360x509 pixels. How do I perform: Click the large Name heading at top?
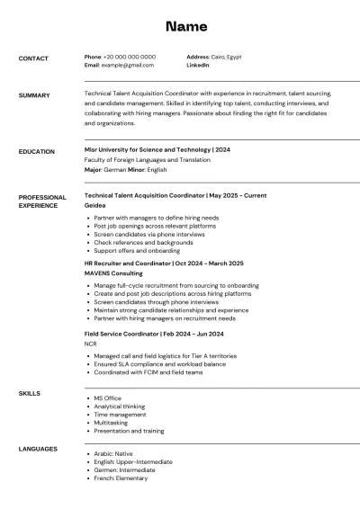tap(186, 26)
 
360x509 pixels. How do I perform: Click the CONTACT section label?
tap(33, 58)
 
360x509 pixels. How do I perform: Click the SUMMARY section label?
tap(34, 95)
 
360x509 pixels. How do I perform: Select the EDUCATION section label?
tap(37, 152)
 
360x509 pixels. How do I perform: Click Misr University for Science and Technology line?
tap(157, 149)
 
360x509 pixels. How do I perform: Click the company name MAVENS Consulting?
tap(113, 272)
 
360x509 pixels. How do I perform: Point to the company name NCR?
tap(91, 344)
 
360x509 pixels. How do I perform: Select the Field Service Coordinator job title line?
tap(153, 333)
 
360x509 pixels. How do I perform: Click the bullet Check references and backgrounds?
tap(143, 243)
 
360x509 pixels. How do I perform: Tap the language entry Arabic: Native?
tap(113, 454)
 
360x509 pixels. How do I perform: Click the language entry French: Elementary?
tap(121, 478)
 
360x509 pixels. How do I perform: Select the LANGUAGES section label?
tap(38, 449)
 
